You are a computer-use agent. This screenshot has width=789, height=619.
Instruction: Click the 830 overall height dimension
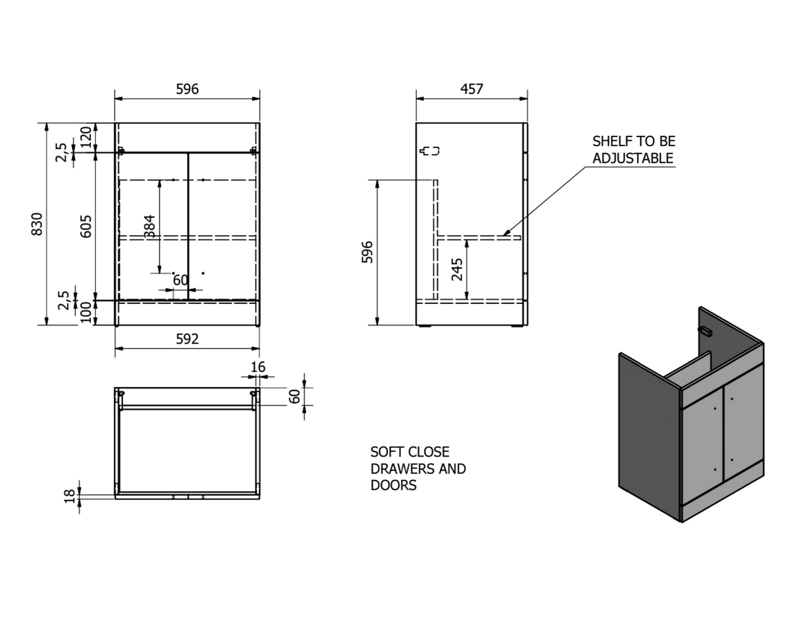[x=37, y=224]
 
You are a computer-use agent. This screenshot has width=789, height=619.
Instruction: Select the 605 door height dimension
[x=86, y=227]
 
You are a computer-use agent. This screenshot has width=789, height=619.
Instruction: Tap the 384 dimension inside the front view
[x=149, y=227]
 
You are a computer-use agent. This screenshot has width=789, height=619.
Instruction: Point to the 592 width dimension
[x=187, y=339]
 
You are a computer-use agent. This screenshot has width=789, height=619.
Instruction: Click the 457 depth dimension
[x=472, y=89]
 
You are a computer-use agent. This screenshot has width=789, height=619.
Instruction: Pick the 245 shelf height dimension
[x=457, y=270]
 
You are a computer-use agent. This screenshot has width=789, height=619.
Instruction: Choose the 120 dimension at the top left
[x=86, y=137]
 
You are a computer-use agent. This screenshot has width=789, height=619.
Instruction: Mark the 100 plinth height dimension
[x=86, y=312]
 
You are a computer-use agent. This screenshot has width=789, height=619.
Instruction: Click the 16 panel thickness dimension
[x=258, y=367]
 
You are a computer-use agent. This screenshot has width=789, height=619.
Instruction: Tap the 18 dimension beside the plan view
[x=70, y=496]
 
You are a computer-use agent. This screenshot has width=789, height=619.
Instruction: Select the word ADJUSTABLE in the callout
[x=633, y=158]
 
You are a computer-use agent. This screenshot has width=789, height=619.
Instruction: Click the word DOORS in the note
[x=394, y=485]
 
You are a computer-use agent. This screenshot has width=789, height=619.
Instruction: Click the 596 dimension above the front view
[x=187, y=89]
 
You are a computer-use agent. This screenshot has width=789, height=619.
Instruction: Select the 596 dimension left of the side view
[x=367, y=252]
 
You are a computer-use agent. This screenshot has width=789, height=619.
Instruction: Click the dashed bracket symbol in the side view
[x=430, y=151]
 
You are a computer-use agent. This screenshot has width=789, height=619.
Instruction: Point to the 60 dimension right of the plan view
[x=294, y=396]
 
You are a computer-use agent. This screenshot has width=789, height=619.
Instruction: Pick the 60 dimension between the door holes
[x=181, y=280]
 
